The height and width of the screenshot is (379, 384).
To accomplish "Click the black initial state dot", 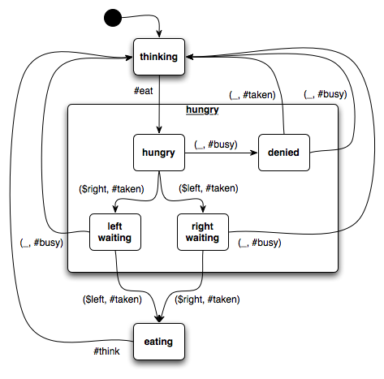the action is tap(113, 18).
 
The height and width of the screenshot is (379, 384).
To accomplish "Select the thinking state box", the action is tap(159, 57).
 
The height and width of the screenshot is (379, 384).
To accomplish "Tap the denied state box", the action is tap(284, 153).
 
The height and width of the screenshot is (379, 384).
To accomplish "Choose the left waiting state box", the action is tap(115, 232).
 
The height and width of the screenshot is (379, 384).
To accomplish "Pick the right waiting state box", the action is tap(203, 232).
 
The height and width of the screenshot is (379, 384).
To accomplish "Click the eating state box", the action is tap(159, 342).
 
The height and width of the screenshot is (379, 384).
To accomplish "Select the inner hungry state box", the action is tap(159, 153).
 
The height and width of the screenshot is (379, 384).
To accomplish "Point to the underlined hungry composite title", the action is tap(202, 110).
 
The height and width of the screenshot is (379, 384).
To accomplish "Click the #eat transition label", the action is tap(144, 91).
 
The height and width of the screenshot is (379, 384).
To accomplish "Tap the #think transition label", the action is tap(106, 351).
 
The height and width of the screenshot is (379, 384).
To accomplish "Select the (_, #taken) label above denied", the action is tap(252, 95).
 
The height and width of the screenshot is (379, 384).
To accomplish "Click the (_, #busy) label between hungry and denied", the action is tap(216, 144).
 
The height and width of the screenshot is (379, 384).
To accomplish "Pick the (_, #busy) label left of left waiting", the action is tap(41, 243).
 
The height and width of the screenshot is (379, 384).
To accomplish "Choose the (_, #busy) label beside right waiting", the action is tap(260, 243).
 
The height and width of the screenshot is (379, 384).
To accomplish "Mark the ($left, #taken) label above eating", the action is tap(112, 299).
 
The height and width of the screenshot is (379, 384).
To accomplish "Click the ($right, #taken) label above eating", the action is tap(207, 299).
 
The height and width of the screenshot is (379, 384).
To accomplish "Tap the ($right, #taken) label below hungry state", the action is tap(111, 189).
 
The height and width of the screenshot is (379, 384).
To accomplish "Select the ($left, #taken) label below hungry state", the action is tap(209, 188).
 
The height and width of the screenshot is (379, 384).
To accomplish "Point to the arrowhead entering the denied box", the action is tap(254, 153).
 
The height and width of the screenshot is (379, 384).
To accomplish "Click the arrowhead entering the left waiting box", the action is tap(115, 209).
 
